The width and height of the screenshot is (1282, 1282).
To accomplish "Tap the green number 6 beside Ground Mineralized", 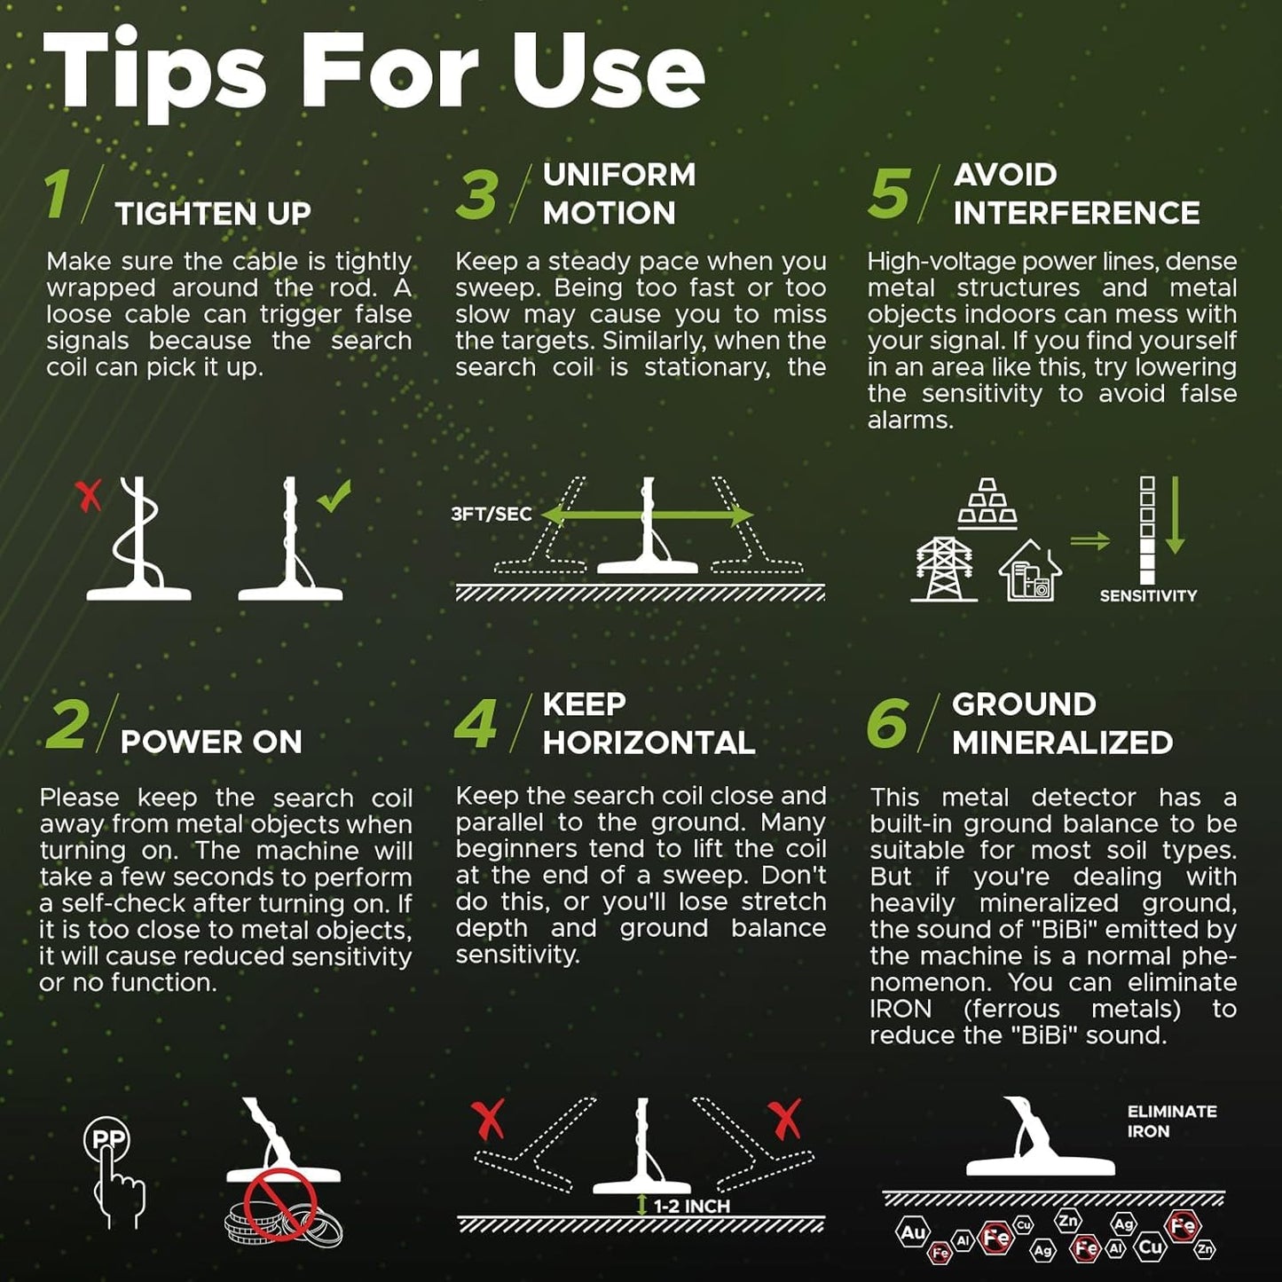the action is pos(887,723).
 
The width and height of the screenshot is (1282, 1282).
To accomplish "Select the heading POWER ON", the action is pos(211,742).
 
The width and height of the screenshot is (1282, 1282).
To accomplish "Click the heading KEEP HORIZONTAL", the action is pos(649,723).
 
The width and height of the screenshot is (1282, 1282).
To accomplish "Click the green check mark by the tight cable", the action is pos(334,496).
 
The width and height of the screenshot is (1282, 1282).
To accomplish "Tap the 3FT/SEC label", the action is pos(491,515).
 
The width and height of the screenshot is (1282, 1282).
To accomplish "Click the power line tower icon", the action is pos(944,570).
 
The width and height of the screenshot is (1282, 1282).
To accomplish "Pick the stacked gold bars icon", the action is pos(987,504).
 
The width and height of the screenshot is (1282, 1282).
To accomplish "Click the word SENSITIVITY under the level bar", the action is pos(1148,596).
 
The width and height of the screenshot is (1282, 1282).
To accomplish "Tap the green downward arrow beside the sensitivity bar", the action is pos(1176,515).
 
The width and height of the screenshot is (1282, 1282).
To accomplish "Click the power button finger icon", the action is pos(113,1172).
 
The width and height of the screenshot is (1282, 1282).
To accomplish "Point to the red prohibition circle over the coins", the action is pos(279,1204).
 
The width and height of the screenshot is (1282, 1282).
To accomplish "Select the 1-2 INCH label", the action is pos(691,1207).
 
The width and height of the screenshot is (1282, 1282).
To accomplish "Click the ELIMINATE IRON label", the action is pos(1172,1121).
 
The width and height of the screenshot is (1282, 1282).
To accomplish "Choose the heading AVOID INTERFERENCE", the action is pos(1076,193).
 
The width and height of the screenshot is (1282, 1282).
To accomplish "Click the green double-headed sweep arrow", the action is pos(648,515).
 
